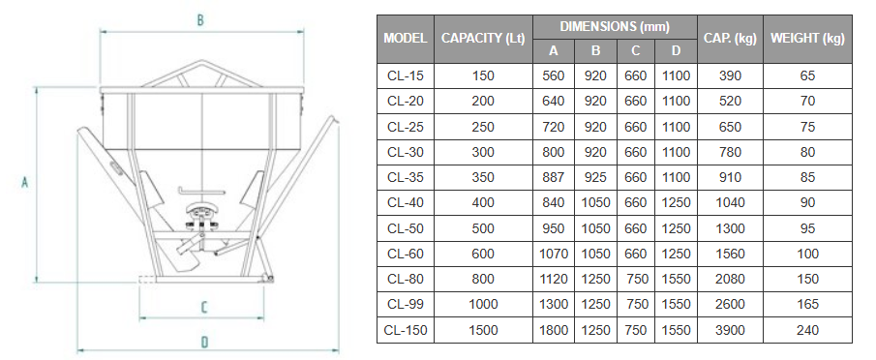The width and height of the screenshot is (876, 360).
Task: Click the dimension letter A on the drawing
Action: tap(24, 182)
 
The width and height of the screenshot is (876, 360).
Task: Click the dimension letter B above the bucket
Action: tap(200, 20)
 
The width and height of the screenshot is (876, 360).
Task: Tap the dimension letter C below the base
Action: tap(204, 307)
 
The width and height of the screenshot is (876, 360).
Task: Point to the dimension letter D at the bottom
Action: tap(204, 343)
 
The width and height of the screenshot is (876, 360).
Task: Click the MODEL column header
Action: tap(406, 39)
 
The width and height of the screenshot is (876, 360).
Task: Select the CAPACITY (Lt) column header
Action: tap(483, 39)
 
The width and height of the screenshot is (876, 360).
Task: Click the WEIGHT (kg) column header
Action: tap(807, 39)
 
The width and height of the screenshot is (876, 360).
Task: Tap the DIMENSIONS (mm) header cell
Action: tap(615, 26)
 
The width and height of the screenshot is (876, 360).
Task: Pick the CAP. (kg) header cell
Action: tap(730, 39)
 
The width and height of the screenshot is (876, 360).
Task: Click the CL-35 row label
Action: tap(405, 177)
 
